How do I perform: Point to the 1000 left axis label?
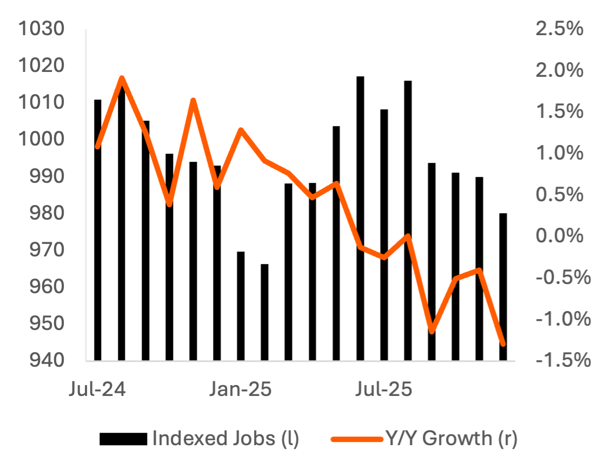[x=42, y=140]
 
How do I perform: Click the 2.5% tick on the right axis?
[x=559, y=29]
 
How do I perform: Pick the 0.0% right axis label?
[x=559, y=236]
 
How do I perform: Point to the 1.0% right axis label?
[x=559, y=153]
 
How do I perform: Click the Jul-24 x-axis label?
[x=97, y=389]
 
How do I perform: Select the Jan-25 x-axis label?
[x=241, y=389]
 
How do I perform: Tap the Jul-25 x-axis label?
[x=384, y=389]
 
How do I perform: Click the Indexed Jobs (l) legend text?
[x=225, y=438]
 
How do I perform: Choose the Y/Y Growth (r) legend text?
[x=451, y=438]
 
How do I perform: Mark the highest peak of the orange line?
[x=122, y=78]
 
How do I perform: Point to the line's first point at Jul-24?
[x=97, y=147]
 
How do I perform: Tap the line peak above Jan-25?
[x=241, y=130]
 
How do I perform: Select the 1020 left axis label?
[x=42, y=66]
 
